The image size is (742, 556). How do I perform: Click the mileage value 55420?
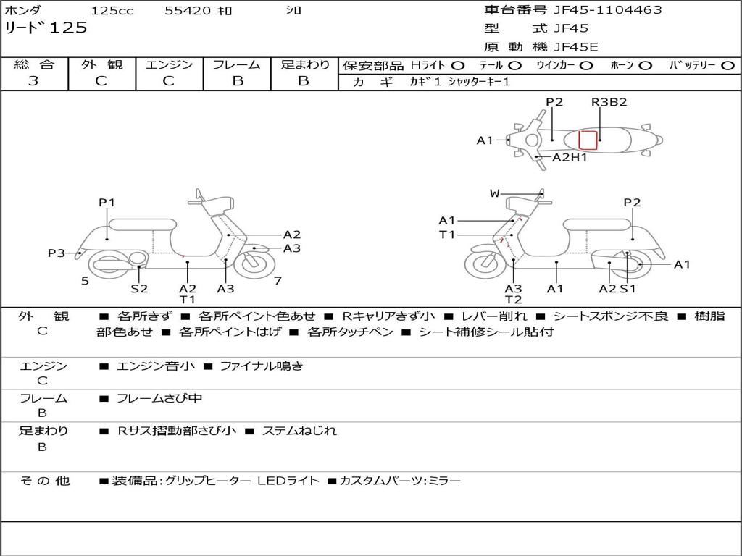pos(188,11)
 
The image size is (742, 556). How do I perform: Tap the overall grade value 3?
pos(33,81)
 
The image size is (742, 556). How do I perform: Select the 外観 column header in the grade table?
pos(101,65)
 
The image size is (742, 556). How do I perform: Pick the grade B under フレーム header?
pos(238,81)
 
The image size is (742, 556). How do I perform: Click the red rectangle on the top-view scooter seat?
pos(587,139)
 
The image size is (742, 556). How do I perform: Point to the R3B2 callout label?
pos(609,102)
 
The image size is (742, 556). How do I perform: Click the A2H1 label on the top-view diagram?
pos(570,157)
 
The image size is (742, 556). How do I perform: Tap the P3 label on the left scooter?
pos(57,253)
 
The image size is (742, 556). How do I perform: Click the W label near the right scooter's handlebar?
pos(495,193)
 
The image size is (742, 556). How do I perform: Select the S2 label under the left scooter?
pos(139,289)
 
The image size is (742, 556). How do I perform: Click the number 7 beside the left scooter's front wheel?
pos(278,281)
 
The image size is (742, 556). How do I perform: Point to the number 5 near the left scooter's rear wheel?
pos(85,281)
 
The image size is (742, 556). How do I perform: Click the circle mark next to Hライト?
pos(458,65)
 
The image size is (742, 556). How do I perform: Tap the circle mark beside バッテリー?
pos(728,65)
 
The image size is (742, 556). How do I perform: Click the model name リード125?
pos(46,28)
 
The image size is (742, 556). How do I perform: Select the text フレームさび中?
pos(159,398)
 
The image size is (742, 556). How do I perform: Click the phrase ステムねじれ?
pos(299,431)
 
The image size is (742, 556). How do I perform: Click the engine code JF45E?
pos(576,47)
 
